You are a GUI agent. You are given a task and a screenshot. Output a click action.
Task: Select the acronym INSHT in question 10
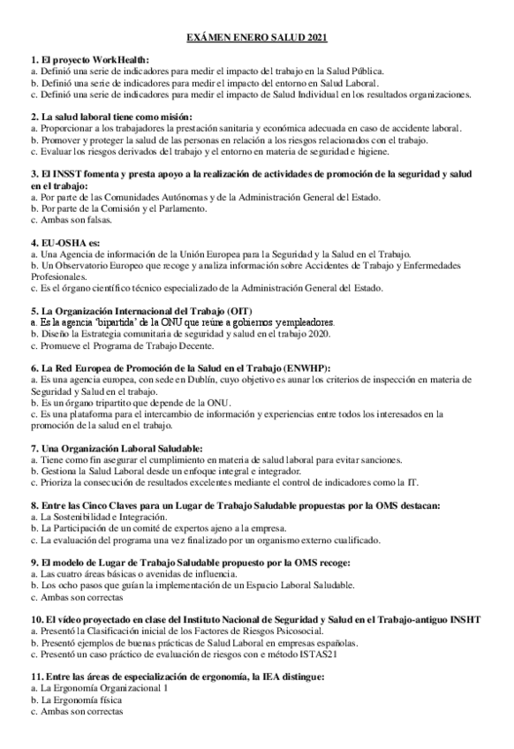click(465, 620)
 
